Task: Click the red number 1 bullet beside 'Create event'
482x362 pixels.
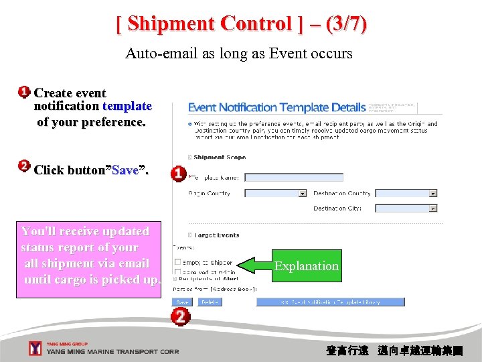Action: (x=24, y=92)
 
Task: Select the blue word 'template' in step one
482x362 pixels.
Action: (x=127, y=106)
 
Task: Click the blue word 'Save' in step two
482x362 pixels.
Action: (x=125, y=170)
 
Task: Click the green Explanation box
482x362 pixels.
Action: (x=307, y=266)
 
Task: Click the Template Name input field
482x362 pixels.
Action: (x=294, y=178)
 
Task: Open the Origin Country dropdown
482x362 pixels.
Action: (x=302, y=193)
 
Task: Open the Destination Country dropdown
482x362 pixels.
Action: (x=433, y=193)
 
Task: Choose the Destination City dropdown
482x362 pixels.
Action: (x=433, y=208)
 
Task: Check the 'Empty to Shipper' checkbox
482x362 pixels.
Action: (x=177, y=262)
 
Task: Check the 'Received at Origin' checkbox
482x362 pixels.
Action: (x=177, y=272)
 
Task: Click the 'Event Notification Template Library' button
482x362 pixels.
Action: (x=330, y=302)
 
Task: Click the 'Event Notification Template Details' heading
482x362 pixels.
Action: (x=276, y=107)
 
